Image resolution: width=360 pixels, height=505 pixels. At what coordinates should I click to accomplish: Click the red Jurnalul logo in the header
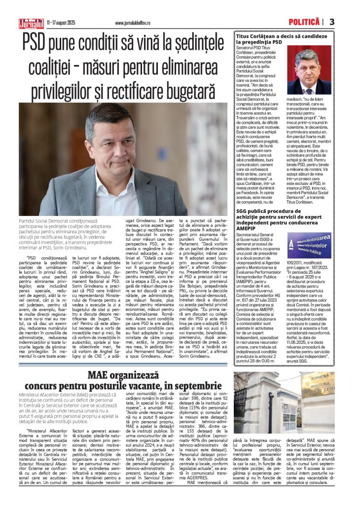tap(31, 23)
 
